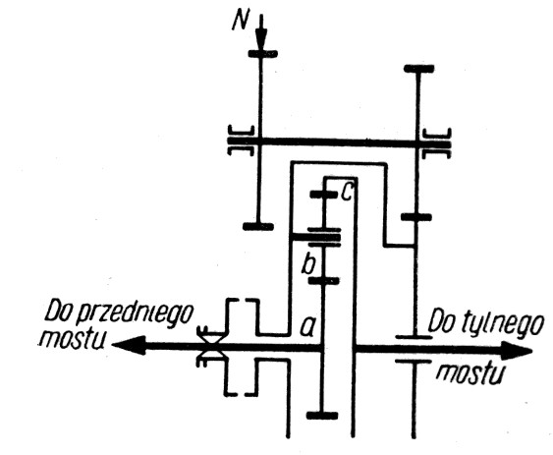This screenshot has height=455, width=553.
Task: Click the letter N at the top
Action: [240, 22]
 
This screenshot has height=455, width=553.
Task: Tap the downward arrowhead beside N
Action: [261, 39]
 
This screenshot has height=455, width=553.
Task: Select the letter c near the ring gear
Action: [347, 193]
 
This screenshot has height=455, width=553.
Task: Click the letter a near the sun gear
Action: [307, 326]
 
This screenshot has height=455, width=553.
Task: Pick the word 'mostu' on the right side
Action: [470, 373]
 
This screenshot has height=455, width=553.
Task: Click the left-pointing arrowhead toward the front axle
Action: [129, 345]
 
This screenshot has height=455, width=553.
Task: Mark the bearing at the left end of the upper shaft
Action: [241, 141]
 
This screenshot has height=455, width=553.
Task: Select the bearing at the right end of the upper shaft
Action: [437, 143]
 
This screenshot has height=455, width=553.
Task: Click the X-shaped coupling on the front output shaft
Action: [211, 346]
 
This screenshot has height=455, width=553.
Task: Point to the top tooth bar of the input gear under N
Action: [263, 54]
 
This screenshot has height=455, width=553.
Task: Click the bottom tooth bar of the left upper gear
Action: [258, 226]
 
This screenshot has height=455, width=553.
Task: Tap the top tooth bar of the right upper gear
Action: [418, 69]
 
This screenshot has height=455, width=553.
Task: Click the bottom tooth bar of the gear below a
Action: [322, 415]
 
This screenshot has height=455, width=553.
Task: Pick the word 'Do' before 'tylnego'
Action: [439, 321]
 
